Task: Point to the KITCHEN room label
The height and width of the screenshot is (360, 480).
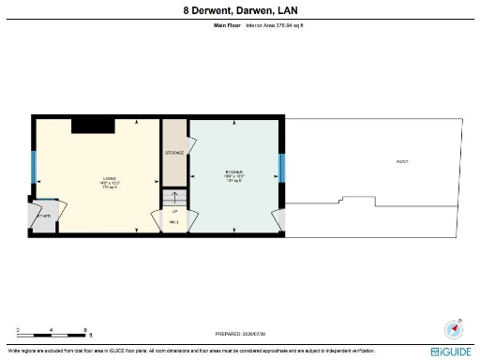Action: tap(234, 174)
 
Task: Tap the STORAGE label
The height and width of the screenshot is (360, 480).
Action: tap(174, 152)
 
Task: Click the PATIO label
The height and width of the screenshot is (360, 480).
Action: tap(401, 162)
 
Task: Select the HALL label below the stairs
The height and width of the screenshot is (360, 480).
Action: tap(174, 222)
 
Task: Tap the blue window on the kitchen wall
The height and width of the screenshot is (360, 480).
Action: tap(281, 167)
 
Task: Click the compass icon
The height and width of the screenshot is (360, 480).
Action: tap(454, 329)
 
